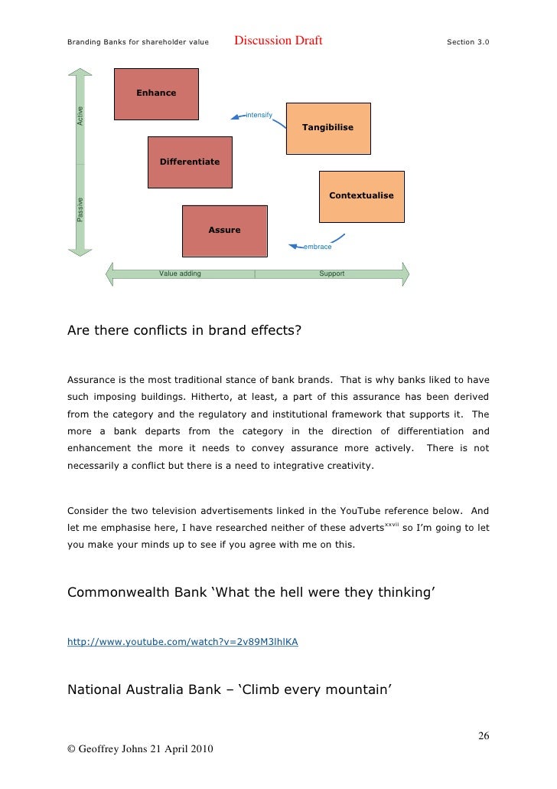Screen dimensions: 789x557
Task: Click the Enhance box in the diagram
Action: point(156,93)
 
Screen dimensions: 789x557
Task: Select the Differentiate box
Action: point(189,162)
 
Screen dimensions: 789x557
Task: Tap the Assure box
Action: point(224,230)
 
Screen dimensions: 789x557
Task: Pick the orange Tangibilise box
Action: point(327,127)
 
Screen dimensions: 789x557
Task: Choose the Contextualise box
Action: point(361,195)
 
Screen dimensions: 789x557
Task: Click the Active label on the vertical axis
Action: point(80,116)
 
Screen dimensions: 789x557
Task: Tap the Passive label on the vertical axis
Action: point(80,210)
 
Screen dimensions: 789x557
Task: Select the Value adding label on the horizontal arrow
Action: point(180,273)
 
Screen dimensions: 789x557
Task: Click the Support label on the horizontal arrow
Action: point(332,273)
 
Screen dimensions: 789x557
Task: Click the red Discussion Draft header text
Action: point(278,41)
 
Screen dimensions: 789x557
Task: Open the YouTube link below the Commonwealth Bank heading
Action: point(182,643)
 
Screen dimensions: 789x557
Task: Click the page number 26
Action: point(484,736)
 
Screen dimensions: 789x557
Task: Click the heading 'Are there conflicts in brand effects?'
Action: point(184,332)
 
